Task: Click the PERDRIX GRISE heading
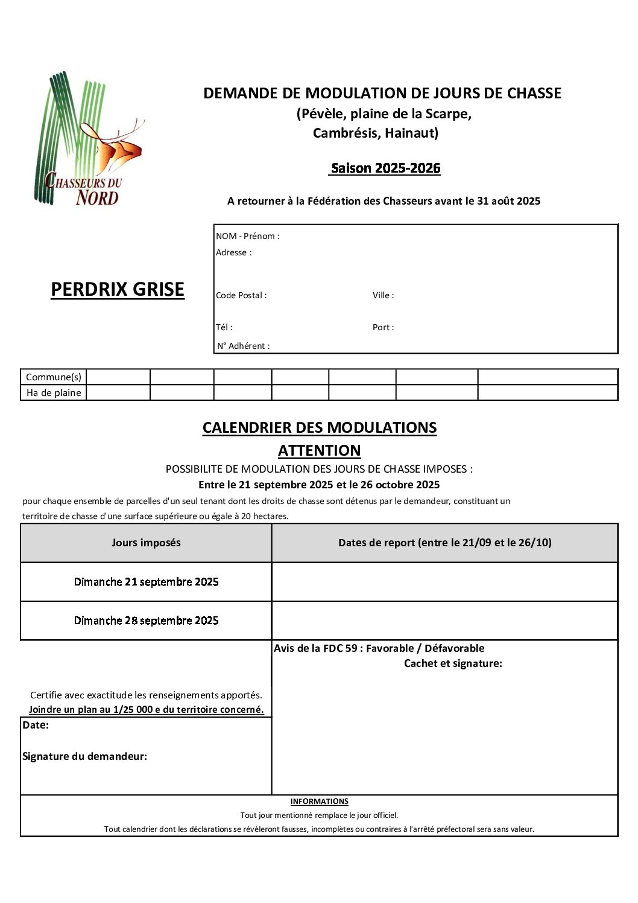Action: [x=118, y=290]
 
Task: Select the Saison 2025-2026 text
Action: [x=385, y=168]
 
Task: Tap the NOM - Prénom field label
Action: [x=247, y=236]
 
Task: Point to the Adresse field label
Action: [x=233, y=252]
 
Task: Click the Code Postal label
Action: [x=241, y=295]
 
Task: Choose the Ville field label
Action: [x=383, y=295]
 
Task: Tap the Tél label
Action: [x=224, y=327]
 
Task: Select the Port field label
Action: [x=383, y=327]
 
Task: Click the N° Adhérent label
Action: [x=243, y=346]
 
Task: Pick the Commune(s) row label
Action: [x=54, y=377]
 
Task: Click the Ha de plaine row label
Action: [x=54, y=392]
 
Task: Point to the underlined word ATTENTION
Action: [x=319, y=450]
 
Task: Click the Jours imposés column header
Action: [x=146, y=543]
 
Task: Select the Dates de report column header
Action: [x=444, y=543]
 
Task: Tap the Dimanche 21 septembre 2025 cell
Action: [x=146, y=582]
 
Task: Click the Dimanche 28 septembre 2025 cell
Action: [x=146, y=621]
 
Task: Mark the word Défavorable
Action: [x=454, y=648]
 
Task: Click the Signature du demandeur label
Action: [x=84, y=756]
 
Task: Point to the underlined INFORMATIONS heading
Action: [x=319, y=802]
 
